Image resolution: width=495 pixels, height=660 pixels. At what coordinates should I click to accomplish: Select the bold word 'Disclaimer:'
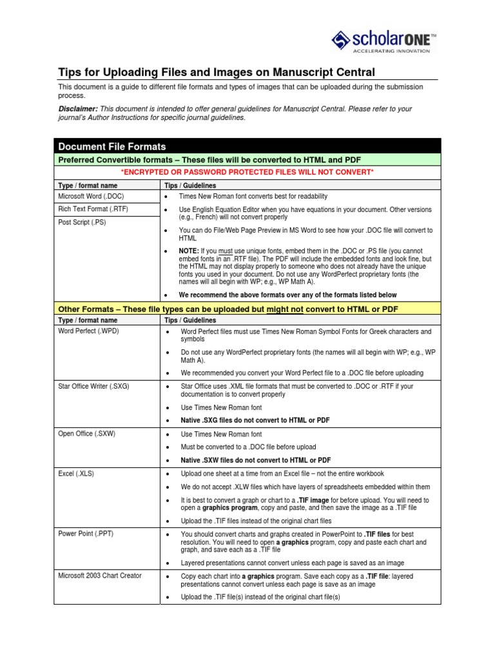(78, 109)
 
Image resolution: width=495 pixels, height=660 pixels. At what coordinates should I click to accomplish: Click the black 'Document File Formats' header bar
(247, 146)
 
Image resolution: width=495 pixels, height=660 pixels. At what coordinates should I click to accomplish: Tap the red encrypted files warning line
(247, 172)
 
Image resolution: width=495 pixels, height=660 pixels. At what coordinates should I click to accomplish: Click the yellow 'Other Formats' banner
(247, 309)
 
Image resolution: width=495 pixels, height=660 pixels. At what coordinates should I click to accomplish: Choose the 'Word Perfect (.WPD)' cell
(88, 331)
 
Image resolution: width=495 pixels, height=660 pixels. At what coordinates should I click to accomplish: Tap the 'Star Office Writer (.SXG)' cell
(94, 386)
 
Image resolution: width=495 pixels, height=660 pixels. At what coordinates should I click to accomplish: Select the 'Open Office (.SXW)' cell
(86, 434)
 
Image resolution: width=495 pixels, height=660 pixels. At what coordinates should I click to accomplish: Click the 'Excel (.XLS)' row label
(77, 474)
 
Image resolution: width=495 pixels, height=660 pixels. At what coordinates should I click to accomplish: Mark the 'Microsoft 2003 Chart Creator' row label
(100, 576)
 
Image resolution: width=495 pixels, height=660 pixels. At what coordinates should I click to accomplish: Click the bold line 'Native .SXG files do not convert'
(255, 420)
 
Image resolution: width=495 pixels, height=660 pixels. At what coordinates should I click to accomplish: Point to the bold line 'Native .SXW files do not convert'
(256, 460)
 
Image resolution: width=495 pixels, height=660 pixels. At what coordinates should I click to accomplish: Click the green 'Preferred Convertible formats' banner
(247, 159)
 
